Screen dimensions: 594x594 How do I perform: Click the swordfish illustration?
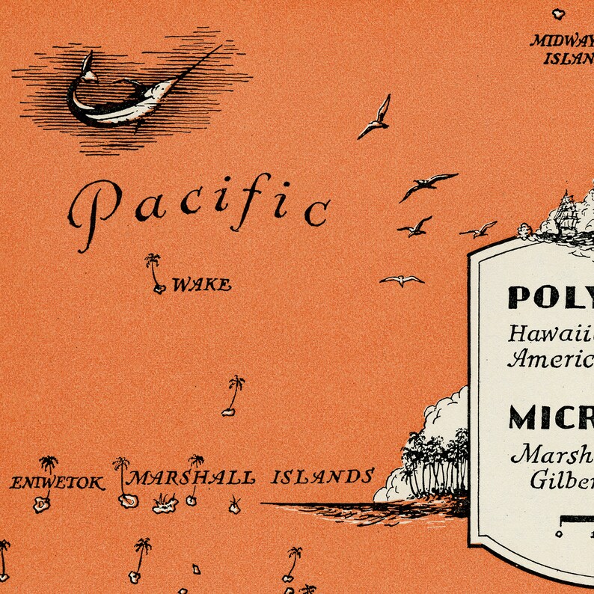pyautogui.click(x=123, y=94)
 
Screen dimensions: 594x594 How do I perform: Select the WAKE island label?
pyautogui.click(x=201, y=285)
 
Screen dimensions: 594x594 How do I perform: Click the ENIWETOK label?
pyautogui.click(x=57, y=483)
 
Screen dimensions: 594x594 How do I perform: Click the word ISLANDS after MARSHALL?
pyautogui.click(x=322, y=477)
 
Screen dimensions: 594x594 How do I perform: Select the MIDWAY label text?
pyautogui.click(x=561, y=40)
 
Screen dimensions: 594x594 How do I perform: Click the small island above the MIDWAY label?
pyautogui.click(x=558, y=13)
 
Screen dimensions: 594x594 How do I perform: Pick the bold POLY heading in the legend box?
pyautogui.click(x=550, y=297)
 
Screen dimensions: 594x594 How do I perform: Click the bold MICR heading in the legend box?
pyautogui.click(x=551, y=417)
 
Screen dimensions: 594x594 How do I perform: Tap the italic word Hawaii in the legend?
pyautogui.click(x=550, y=334)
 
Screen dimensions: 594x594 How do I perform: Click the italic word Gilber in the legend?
pyautogui.click(x=561, y=480)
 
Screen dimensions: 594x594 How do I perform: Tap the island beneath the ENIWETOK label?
pyautogui.click(x=40, y=504)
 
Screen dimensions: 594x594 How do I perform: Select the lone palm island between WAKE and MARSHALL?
pyautogui.click(x=233, y=396)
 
